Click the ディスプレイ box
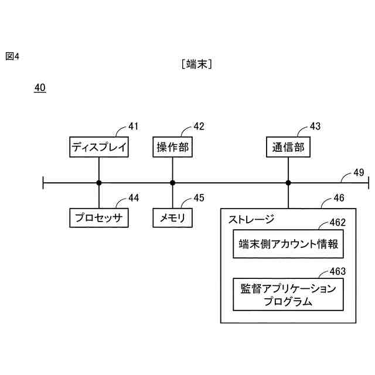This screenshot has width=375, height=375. [98, 147]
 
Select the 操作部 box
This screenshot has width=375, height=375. [172, 147]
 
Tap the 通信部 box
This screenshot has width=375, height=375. [288, 147]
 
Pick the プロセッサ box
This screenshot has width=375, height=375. [98, 218]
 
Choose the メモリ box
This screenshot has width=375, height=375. [172, 218]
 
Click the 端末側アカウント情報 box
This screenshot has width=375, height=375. [288, 245]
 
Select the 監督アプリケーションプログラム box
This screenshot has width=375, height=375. [288, 295]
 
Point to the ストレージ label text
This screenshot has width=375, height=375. [251, 220]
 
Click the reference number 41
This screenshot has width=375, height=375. [134, 126]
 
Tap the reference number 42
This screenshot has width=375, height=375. [199, 126]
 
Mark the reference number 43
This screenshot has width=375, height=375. [315, 126]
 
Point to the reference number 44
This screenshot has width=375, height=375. [134, 198]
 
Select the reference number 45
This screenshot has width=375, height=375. [199, 198]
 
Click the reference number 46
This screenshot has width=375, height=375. [339, 199]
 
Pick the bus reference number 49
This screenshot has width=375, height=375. [358, 172]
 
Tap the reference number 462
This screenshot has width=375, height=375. [337, 222]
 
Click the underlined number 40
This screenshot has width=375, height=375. [40, 88]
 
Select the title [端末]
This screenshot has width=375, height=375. [197, 64]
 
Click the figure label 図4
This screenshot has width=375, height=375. [13, 56]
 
